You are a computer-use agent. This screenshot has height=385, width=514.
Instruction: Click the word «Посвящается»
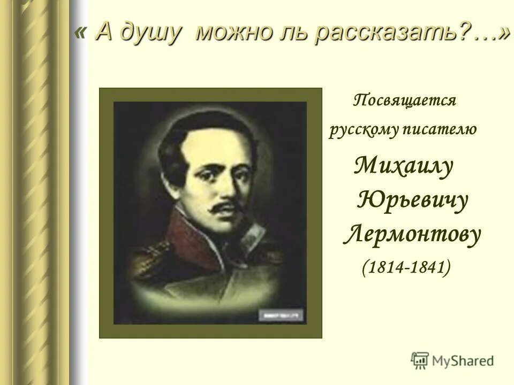pos(404,101)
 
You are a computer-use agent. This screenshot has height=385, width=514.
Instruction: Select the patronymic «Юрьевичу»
pos(412,202)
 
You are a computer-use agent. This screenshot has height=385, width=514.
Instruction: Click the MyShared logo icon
pos(420,359)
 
